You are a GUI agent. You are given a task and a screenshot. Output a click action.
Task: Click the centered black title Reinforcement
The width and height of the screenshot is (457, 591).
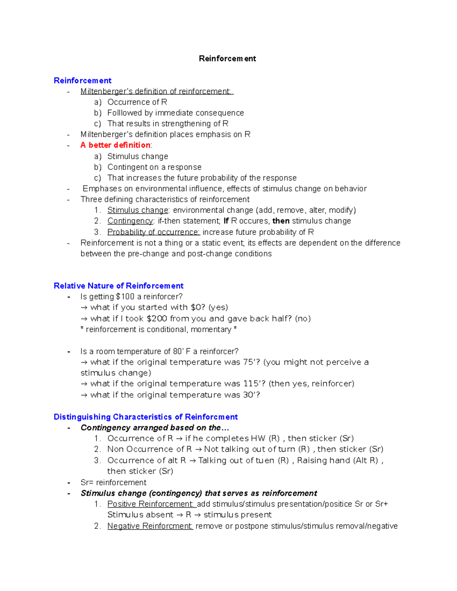pos(227,59)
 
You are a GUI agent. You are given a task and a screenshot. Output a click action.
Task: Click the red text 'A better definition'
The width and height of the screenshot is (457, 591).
pos(115,145)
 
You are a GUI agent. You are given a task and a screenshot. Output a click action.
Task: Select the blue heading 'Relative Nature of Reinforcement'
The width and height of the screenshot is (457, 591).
pos(118,286)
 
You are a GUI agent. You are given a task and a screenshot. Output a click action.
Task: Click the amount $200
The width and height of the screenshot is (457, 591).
pos(157,319)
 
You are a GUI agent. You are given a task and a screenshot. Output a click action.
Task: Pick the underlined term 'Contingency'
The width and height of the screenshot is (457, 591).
pos(130,221)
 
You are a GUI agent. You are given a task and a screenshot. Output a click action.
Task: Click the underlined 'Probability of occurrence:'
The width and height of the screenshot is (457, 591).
pos(153,232)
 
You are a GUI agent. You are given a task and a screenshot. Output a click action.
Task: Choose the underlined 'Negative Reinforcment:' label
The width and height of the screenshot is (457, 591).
pos(150,526)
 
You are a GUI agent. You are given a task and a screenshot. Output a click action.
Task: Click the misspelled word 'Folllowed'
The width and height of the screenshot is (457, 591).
pos(125,113)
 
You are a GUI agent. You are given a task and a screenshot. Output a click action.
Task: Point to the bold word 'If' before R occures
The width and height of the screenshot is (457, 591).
pos(226,221)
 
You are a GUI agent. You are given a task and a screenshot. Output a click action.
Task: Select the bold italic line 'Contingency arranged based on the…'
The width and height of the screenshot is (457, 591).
pos(155,428)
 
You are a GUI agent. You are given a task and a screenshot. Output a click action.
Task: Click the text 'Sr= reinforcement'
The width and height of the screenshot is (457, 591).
pos(113,483)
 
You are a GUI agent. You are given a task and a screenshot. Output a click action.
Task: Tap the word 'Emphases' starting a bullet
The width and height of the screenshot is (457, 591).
pos(100,189)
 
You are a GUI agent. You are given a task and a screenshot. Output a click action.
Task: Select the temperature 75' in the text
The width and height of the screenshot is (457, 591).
pos(249,362)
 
